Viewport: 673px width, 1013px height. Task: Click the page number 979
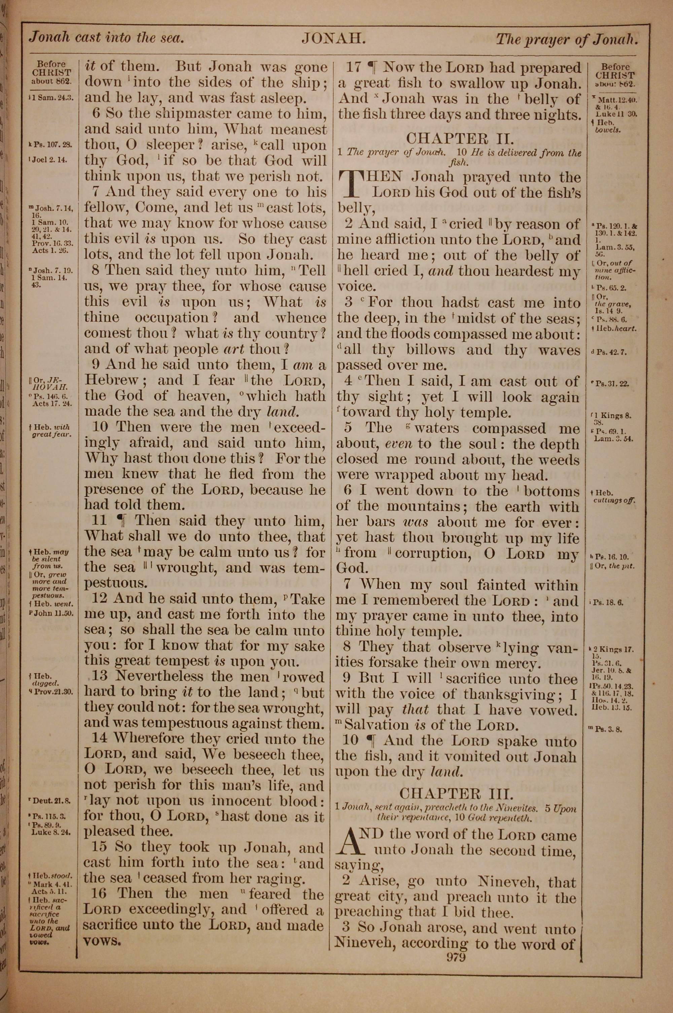coord(456,956)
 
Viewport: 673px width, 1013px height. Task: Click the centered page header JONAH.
coord(333,39)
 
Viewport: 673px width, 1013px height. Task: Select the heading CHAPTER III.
coord(456,793)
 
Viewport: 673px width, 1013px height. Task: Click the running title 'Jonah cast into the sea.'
coord(106,38)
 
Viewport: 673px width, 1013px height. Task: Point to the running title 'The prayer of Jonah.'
coord(567,40)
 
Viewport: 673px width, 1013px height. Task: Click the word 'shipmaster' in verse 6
coord(168,114)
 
